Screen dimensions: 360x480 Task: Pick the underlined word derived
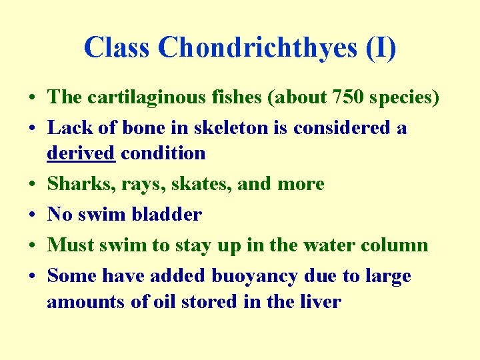[81, 153]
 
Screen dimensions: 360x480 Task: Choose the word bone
[154, 127]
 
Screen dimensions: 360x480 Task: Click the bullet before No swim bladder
[32, 215]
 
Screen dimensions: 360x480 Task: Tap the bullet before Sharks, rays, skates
[32, 184]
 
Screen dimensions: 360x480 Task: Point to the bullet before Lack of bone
[32, 128]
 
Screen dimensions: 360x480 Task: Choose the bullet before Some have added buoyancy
[32, 276]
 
